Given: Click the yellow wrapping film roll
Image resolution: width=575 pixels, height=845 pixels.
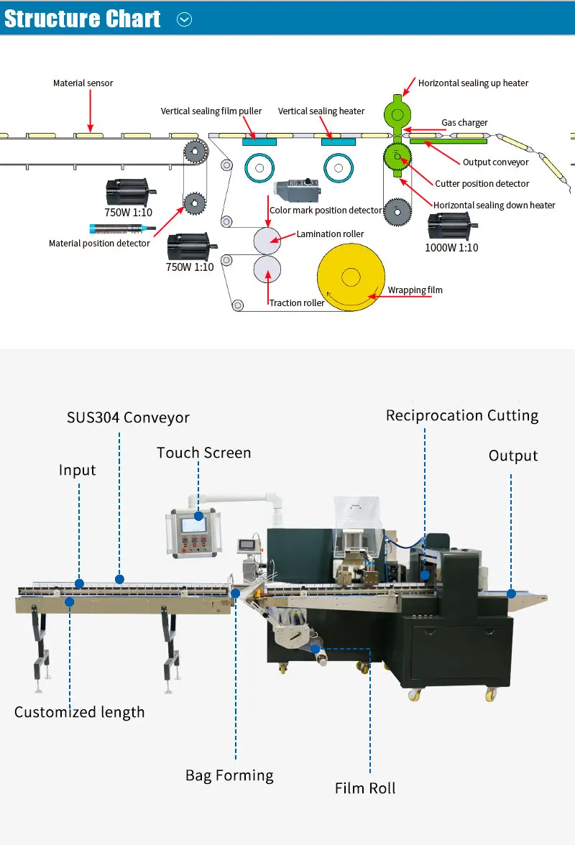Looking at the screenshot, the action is (351, 277).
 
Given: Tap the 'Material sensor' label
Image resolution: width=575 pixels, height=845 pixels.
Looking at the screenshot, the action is (83, 83).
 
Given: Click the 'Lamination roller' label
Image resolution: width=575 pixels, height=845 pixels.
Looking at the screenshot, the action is (330, 234).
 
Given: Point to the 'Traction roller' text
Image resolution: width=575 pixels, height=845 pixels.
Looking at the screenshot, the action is (297, 303).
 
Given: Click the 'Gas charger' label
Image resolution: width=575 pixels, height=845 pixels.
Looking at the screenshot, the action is (464, 123).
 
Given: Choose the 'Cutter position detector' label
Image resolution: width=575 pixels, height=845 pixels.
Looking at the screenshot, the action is (482, 184).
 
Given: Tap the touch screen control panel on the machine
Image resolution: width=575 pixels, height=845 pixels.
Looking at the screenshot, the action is (194, 532).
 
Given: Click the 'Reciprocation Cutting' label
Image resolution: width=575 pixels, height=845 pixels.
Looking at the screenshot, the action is (462, 415).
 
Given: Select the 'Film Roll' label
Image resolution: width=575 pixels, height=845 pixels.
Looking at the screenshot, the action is (365, 788).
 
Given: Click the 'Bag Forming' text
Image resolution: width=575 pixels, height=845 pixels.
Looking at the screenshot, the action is (229, 775).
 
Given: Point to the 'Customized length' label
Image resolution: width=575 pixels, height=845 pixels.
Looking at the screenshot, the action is (79, 713).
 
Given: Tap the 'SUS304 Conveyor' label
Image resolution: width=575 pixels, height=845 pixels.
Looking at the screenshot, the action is (128, 417).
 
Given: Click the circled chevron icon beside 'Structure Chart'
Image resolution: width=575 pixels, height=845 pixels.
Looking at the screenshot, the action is (184, 19).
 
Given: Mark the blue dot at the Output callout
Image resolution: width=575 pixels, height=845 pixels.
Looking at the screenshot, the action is (512, 594).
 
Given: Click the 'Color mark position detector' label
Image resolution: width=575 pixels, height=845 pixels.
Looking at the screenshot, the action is (326, 210).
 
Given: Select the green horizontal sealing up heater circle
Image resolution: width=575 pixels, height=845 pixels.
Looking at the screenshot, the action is (397, 114).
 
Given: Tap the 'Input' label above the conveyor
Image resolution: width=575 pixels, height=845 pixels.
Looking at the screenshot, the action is (77, 471).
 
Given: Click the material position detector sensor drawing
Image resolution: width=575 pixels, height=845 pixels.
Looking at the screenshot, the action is (122, 229).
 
